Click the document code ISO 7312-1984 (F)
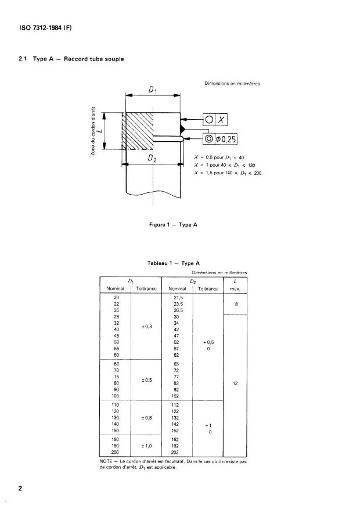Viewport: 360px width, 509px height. point(41,28)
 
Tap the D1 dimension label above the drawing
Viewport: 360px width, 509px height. point(152,89)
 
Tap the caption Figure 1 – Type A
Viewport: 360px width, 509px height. point(172,224)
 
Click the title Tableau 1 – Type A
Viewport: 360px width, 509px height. point(172,264)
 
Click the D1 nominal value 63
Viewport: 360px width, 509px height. point(116,363)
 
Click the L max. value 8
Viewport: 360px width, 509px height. point(235,303)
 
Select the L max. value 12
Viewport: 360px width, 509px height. point(235,383)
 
